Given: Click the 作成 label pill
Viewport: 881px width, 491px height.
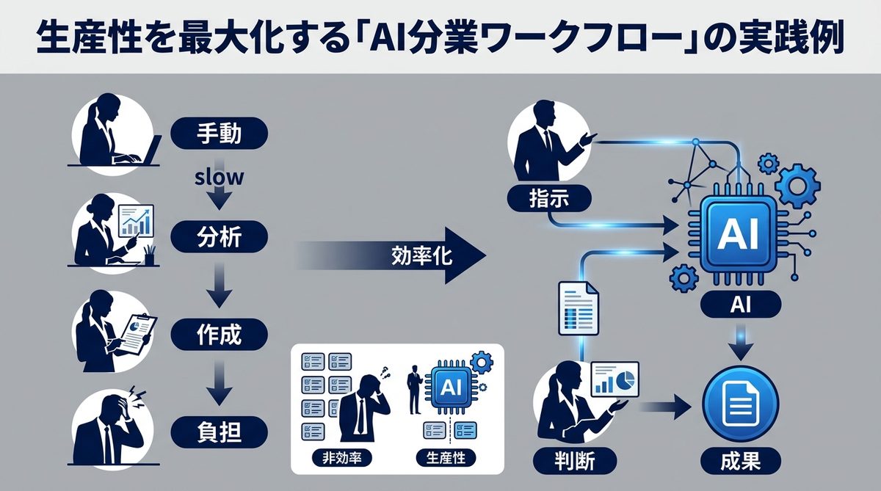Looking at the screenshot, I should pyautogui.click(x=220, y=335).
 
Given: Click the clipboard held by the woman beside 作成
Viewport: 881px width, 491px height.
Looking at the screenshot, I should pyautogui.click(x=139, y=331).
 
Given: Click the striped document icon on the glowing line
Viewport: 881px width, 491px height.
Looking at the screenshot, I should pyautogui.click(x=579, y=308).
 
